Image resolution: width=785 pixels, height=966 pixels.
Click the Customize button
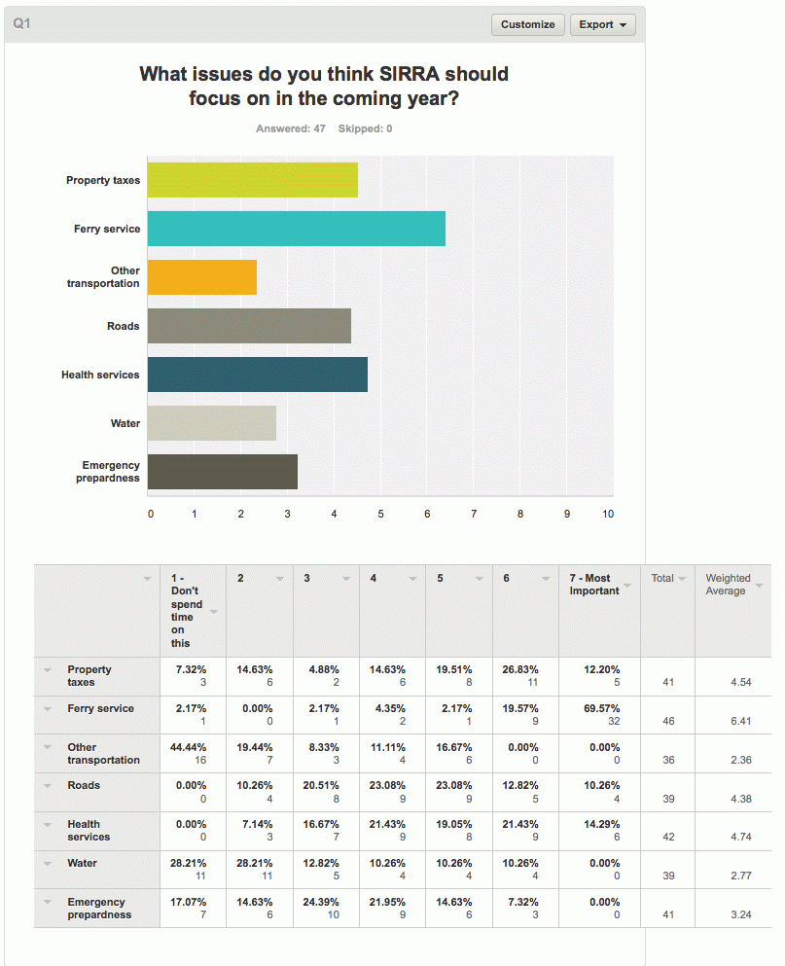tap(527, 24)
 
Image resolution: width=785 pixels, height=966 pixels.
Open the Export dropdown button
tap(603, 24)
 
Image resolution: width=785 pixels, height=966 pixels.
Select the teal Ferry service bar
tap(297, 229)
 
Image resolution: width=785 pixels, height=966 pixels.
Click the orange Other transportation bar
tap(202, 277)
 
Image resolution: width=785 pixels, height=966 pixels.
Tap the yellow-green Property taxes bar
tap(253, 180)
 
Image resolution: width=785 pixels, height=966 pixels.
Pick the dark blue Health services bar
tap(258, 375)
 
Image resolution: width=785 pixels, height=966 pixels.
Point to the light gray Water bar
tap(212, 423)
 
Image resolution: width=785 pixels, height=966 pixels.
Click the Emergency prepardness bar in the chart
tap(223, 472)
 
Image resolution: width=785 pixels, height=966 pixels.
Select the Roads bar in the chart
tap(250, 326)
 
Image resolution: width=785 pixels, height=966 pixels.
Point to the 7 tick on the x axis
tap(474, 514)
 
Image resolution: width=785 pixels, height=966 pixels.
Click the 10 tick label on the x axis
tap(608, 514)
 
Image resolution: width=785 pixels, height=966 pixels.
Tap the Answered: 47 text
tap(291, 128)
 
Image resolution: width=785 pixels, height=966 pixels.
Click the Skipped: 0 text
tap(365, 128)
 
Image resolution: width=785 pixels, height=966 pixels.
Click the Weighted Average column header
tap(728, 584)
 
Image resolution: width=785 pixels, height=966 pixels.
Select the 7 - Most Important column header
tap(594, 584)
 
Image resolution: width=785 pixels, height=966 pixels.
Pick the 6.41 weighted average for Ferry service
tap(741, 721)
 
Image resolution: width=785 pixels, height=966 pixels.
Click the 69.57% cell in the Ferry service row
tap(601, 708)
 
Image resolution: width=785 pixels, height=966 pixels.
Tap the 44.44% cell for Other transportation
tap(188, 747)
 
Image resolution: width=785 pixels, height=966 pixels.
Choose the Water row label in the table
tap(82, 863)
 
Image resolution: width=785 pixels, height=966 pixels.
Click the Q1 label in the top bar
tap(21, 23)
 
